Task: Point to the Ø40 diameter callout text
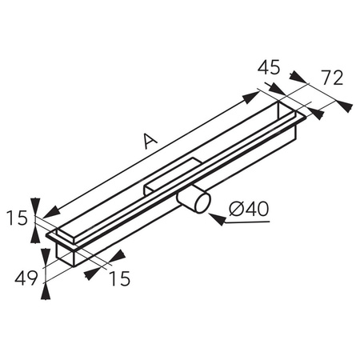tap(249, 210)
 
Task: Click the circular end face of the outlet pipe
tap(198, 202)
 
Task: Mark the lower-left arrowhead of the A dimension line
tap(50, 212)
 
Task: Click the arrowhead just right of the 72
tap(344, 104)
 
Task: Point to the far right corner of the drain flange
tap(306, 118)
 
